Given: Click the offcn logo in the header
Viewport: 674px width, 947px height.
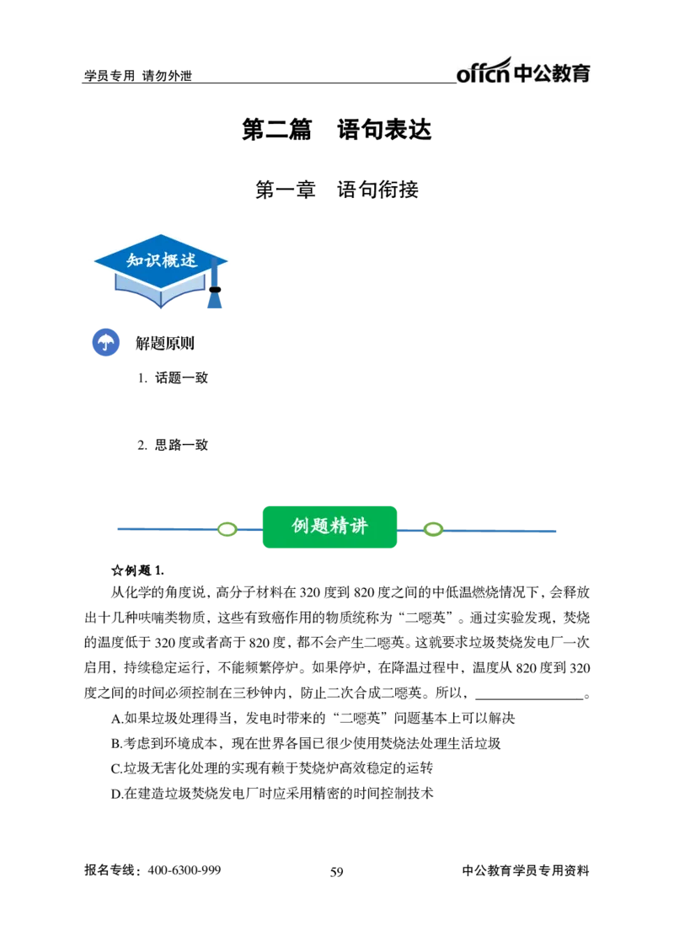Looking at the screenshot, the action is pyautogui.click(x=522, y=72).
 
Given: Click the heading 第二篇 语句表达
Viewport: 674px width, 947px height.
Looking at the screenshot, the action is pyautogui.click(x=336, y=130).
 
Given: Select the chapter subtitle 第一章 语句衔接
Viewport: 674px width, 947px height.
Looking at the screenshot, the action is pyautogui.click(x=336, y=190).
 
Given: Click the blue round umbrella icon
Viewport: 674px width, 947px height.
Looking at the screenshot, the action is pyautogui.click(x=105, y=342).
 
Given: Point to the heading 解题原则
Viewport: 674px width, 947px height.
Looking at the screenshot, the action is pyautogui.click(x=165, y=343).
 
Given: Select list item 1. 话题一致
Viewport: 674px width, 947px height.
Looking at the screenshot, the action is pyautogui.click(x=173, y=378).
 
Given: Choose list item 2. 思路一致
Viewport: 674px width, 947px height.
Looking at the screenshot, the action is pyautogui.click(x=173, y=445).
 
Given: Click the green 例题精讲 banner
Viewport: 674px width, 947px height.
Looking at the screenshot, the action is pyautogui.click(x=329, y=527).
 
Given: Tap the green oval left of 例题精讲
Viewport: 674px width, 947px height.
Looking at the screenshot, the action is pyautogui.click(x=227, y=530).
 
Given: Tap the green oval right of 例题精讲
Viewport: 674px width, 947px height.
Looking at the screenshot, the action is pyautogui.click(x=433, y=530).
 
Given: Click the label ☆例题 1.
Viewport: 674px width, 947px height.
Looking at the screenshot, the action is pyautogui.click(x=137, y=570).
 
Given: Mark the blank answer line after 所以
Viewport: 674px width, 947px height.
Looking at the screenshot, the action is pyautogui.click(x=530, y=698).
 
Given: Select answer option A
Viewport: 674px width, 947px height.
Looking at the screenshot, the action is pyautogui.click(x=313, y=718).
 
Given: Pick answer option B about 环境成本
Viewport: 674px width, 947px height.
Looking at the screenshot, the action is pyautogui.click(x=306, y=743).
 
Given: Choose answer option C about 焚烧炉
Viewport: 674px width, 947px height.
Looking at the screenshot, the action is pyautogui.click(x=272, y=768).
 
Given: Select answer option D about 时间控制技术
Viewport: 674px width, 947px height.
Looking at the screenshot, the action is pyautogui.click(x=272, y=793).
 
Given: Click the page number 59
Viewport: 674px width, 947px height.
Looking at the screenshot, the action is pyautogui.click(x=336, y=871).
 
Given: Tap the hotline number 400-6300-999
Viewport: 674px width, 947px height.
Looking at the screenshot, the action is pyautogui.click(x=185, y=870).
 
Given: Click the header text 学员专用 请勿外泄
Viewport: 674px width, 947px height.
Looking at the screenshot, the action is pyautogui.click(x=137, y=76).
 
